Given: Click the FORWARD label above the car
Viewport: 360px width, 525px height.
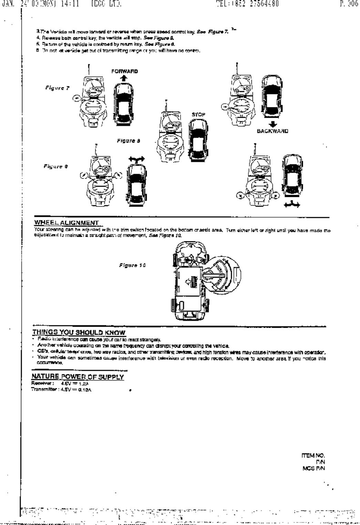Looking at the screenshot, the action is pyautogui.click(x=124, y=71).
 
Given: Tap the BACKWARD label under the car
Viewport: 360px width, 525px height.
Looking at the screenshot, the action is pyautogui.click(x=272, y=131).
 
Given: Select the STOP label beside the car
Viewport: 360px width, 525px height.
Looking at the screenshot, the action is pyautogui.click(x=198, y=114).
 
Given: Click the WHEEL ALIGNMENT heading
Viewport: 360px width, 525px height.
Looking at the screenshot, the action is pyautogui.click(x=66, y=223).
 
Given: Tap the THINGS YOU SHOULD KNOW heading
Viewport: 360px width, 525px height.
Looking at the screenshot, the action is pyautogui.click(x=79, y=333).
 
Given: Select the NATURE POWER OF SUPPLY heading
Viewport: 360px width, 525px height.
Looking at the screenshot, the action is pyautogui.click(x=78, y=377).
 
